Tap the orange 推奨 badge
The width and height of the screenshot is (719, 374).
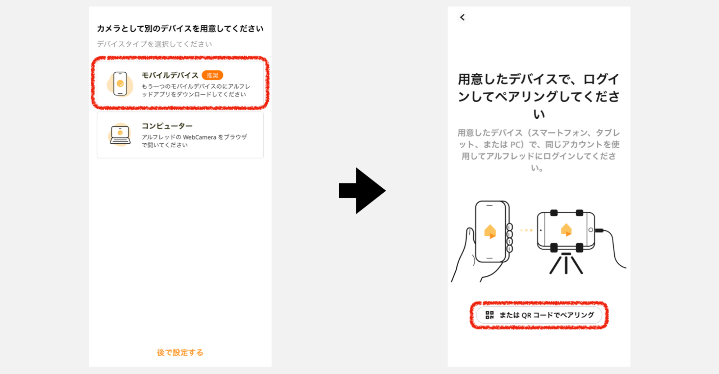[x=212, y=75]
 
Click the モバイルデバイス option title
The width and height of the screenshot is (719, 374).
[x=170, y=75]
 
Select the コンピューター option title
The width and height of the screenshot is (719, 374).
[x=167, y=126]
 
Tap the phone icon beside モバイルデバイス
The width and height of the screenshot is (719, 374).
[x=120, y=84]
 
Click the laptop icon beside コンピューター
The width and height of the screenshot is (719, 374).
[x=120, y=135]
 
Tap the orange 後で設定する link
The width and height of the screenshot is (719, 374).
[x=180, y=352]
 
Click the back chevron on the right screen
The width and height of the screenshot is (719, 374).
[x=463, y=17]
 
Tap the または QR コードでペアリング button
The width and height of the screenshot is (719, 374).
[x=539, y=315]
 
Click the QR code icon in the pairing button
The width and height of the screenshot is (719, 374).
[x=490, y=315]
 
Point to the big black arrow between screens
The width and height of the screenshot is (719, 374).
[x=362, y=190]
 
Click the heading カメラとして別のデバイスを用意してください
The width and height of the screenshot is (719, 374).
[x=180, y=28]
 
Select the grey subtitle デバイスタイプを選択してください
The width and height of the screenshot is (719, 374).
[x=154, y=44]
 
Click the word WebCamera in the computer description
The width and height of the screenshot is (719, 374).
[x=199, y=137]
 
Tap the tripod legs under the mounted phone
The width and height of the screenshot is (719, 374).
[x=566, y=264]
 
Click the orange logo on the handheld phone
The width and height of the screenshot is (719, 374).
[x=490, y=231]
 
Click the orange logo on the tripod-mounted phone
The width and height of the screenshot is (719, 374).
[x=566, y=230]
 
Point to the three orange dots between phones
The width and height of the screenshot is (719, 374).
[x=526, y=230]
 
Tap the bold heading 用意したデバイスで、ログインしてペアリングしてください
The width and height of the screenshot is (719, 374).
[x=538, y=96]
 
